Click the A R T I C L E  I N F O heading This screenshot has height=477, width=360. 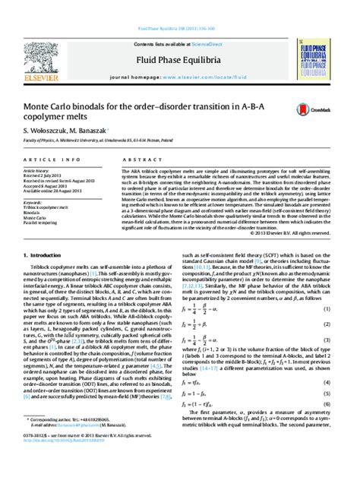[x=51, y=160]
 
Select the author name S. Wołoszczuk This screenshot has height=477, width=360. [x=45, y=130]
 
